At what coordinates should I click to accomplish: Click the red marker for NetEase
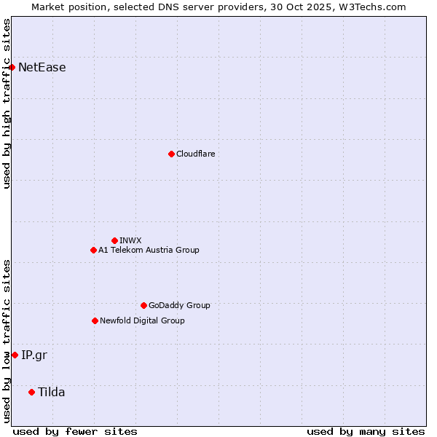(12, 68)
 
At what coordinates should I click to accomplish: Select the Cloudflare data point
(171, 154)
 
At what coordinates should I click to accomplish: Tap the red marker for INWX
(114, 240)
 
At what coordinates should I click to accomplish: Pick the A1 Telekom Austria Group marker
(93, 250)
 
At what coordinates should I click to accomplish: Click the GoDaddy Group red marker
(143, 305)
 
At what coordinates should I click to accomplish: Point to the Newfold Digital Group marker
(95, 320)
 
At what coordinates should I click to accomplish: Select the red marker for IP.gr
(15, 355)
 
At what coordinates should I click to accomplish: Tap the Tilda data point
(31, 392)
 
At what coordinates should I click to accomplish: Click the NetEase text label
(42, 68)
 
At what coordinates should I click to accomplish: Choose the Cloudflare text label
(196, 154)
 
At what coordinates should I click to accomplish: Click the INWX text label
(131, 240)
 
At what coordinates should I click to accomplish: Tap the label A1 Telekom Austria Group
(149, 250)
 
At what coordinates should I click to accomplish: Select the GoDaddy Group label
(179, 305)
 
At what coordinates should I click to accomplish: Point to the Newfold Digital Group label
(142, 320)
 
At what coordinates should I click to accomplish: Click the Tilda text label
(52, 392)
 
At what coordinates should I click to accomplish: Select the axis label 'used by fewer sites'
(75, 431)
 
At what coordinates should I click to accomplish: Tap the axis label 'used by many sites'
(366, 431)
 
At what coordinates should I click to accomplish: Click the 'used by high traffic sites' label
(7, 103)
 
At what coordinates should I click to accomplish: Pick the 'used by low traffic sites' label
(7, 341)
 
